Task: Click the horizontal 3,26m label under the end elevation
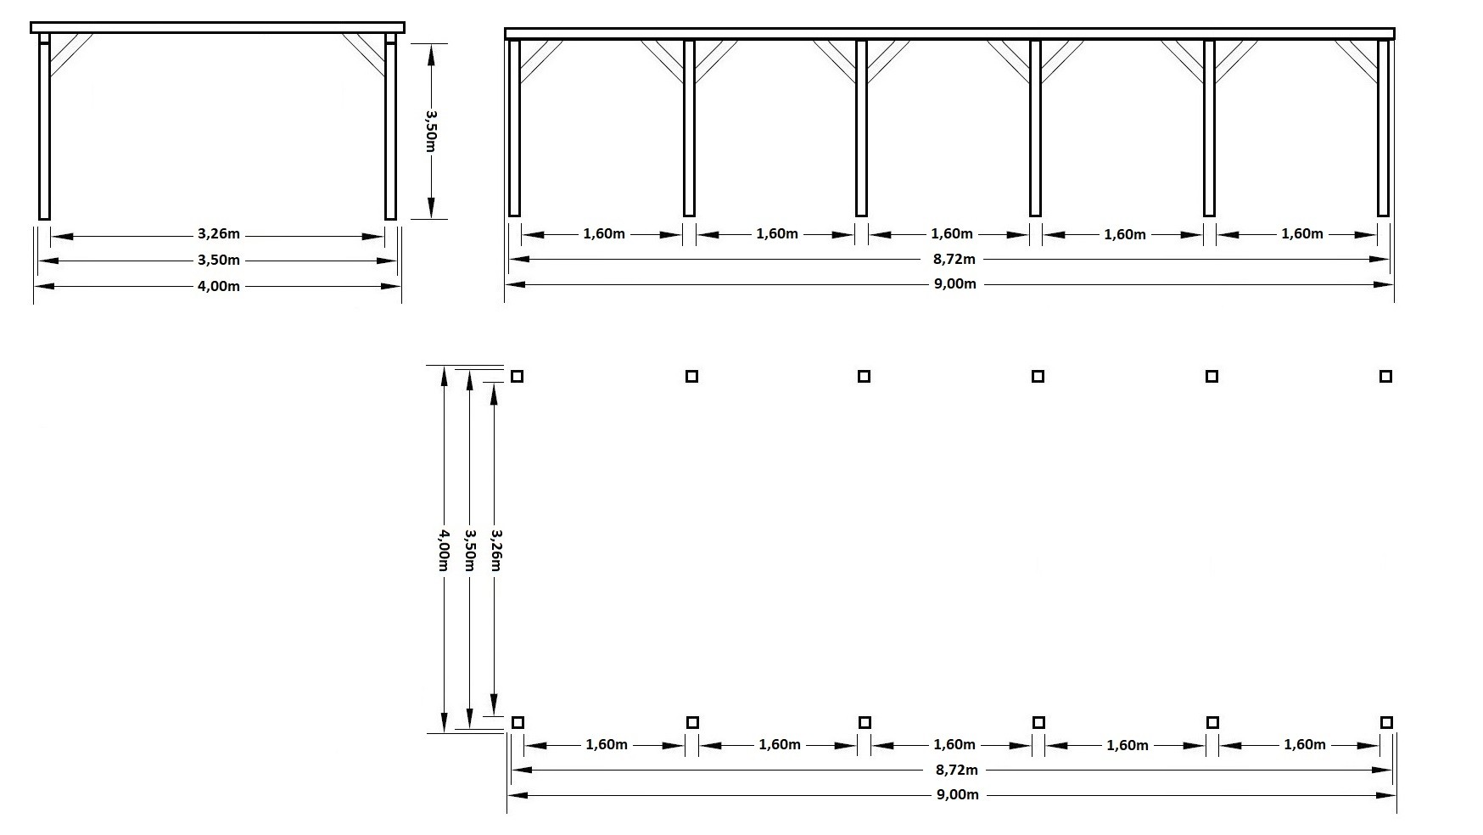pos(219,234)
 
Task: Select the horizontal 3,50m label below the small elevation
pos(219,261)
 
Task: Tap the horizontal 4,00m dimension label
pos(219,286)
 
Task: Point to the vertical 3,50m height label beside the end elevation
pos(431,132)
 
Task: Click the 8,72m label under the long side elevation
pos(955,259)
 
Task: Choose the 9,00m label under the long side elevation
pos(955,284)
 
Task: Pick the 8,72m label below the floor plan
pos(957,771)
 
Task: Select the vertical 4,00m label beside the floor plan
pos(443,550)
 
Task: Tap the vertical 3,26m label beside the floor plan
pos(496,550)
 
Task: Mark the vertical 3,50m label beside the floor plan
pos(470,550)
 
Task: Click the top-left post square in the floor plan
pos(517,376)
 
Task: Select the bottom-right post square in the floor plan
pos(1386,722)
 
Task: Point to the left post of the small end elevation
pos(44,126)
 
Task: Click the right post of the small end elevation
pos(390,126)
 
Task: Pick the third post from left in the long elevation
pos(861,128)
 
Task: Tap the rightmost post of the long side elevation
pos(1383,128)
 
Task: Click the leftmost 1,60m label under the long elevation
pos(604,234)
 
